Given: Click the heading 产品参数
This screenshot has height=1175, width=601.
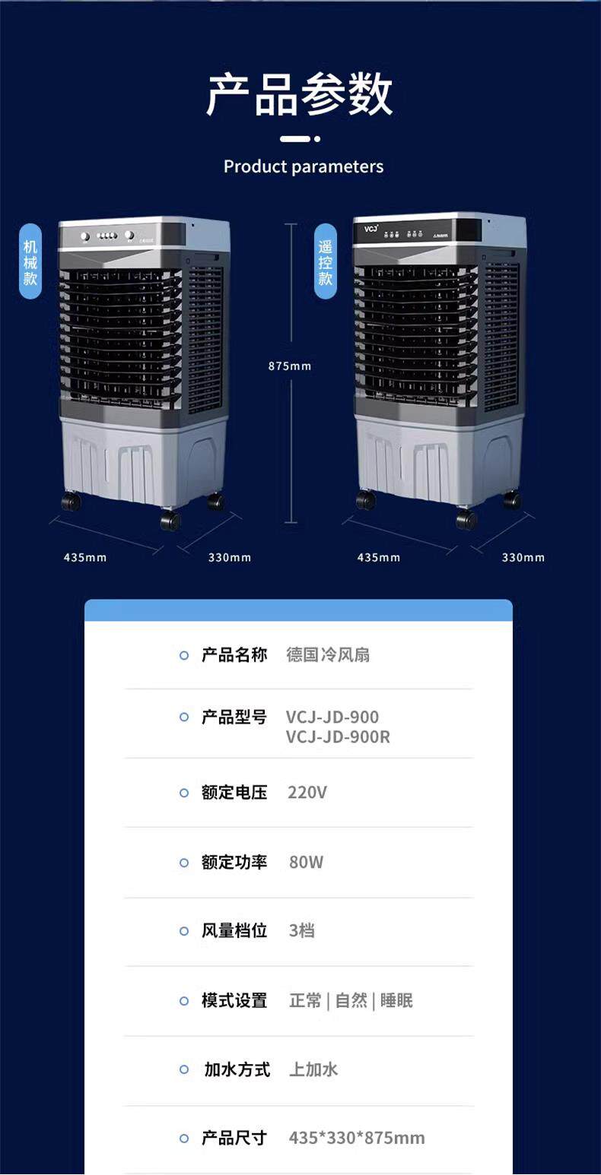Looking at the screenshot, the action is point(300,95).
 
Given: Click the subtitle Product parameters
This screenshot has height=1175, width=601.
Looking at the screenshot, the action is point(304,166).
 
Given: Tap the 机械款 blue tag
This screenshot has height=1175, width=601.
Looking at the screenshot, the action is point(30,261).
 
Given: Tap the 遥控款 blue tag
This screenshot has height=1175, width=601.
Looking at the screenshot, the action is point(326,261).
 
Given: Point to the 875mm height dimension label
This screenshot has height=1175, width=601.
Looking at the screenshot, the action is point(289,366).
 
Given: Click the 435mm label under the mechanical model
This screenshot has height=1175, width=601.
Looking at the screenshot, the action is point(85,558).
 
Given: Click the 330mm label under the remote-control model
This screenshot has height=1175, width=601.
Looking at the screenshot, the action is point(523,558).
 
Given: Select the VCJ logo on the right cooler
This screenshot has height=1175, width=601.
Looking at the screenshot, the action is point(371,228).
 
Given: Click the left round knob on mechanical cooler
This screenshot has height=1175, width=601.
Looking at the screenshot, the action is point(85,236).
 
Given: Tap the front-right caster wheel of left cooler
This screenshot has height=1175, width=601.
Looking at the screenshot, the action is point(170,521).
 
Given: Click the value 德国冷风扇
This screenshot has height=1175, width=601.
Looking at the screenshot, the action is point(328,655).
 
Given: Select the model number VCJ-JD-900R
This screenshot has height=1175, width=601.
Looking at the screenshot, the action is point(338,736).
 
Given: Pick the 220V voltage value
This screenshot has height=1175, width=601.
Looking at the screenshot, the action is point(307,793).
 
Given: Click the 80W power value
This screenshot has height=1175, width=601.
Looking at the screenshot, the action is point(306,862).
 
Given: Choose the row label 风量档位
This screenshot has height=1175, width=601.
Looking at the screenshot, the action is point(234,931).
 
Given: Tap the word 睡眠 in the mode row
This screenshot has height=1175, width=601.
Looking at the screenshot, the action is point(396,1001).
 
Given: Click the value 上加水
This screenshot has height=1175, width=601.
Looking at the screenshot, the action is point(313,1070).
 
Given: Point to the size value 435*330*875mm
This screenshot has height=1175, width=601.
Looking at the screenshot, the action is point(357,1138).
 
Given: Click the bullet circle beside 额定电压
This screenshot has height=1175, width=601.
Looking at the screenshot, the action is point(184,793).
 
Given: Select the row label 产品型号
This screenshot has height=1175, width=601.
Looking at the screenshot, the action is point(234,717).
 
